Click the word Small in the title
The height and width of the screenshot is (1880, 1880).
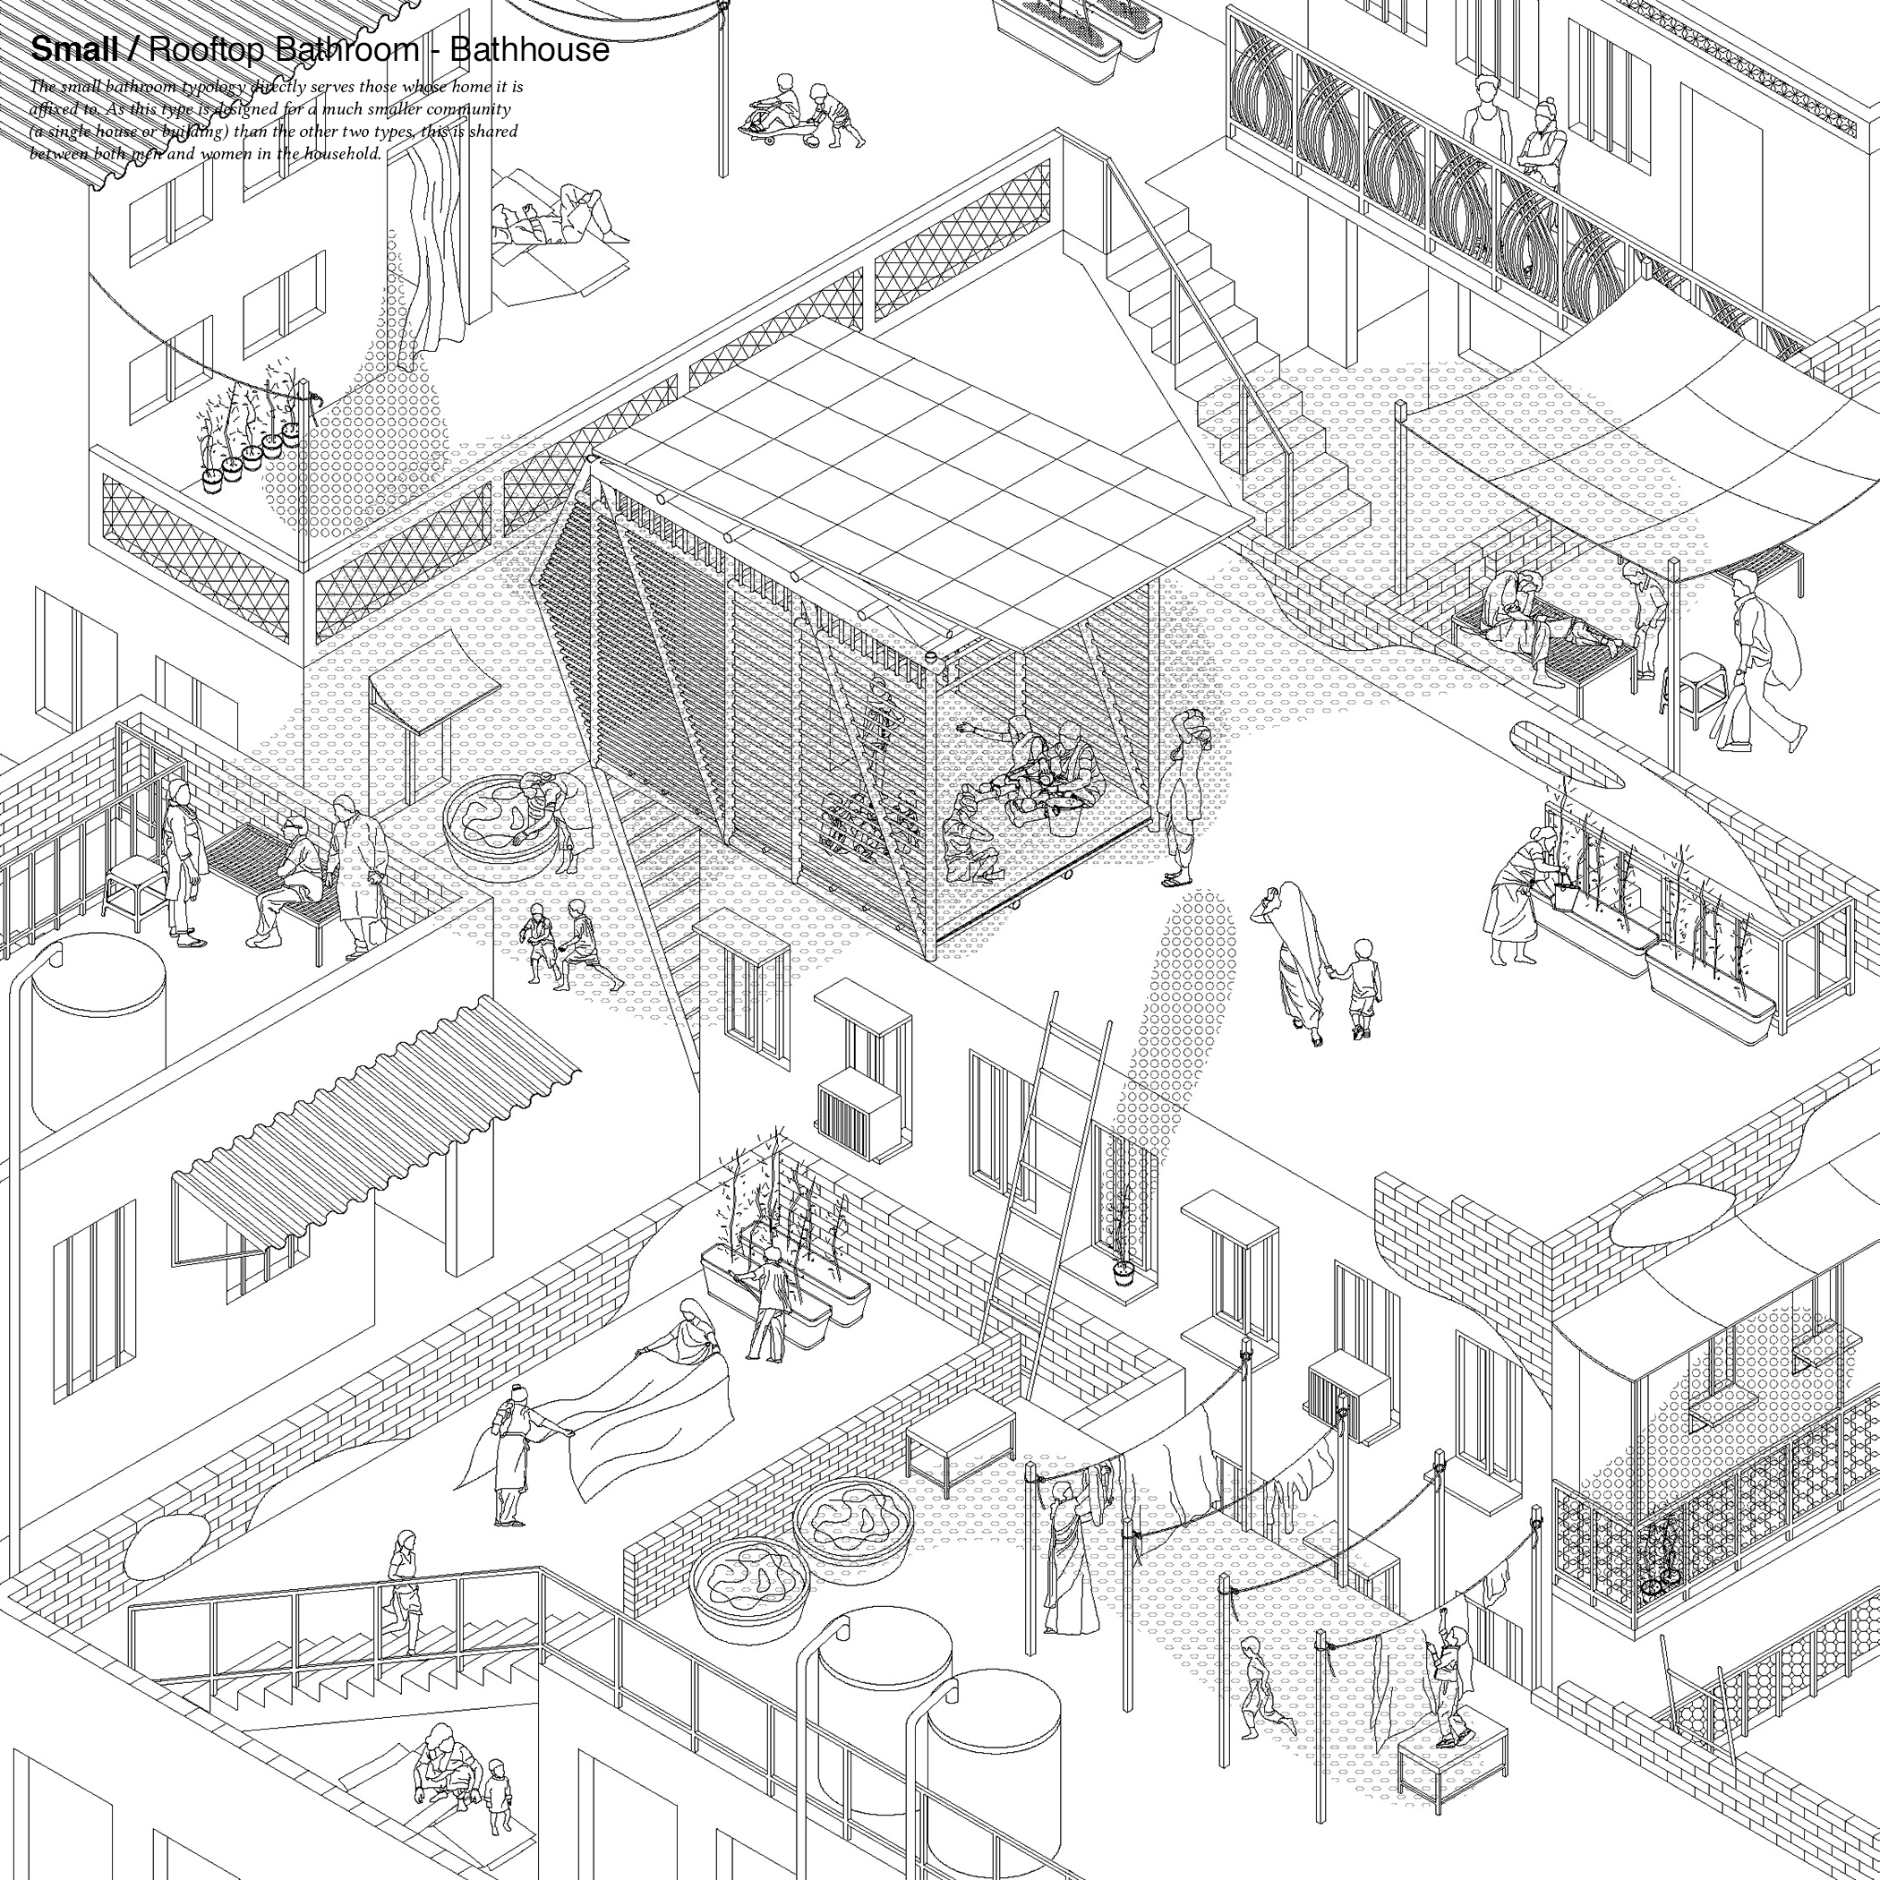click(74, 48)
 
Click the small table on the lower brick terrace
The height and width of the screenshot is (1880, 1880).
click(959, 1440)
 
